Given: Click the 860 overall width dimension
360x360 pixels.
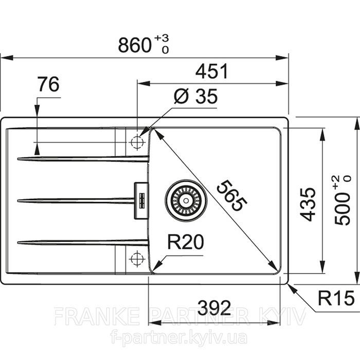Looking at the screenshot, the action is click(135, 45).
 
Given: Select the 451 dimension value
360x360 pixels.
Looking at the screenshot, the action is click(212, 71).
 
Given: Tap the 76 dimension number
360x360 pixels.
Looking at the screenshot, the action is click(48, 84).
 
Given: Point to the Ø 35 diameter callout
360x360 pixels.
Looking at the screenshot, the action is click(195, 96).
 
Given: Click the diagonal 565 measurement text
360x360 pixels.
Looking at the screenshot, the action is click(232, 195).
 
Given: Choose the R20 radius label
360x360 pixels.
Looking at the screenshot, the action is click(186, 242).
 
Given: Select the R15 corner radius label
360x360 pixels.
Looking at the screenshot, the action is click(336, 298).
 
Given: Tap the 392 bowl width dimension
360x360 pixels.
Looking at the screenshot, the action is click(214, 308).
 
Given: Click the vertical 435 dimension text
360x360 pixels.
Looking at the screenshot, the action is click(308, 204).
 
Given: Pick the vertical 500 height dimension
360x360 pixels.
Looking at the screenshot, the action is click(342, 200).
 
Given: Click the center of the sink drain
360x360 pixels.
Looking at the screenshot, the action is click(186, 201).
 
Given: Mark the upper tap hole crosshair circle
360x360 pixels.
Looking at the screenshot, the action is click(137, 142).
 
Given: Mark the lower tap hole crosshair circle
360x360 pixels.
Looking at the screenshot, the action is click(137, 259).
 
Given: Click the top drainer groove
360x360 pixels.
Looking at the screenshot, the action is click(83, 158).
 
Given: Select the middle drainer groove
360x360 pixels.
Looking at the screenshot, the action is click(76, 201).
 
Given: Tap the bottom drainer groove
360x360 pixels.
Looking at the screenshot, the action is click(83, 242).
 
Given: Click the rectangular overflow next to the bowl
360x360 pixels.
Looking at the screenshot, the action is click(141, 201).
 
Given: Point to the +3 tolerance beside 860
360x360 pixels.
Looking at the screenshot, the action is click(161, 38).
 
